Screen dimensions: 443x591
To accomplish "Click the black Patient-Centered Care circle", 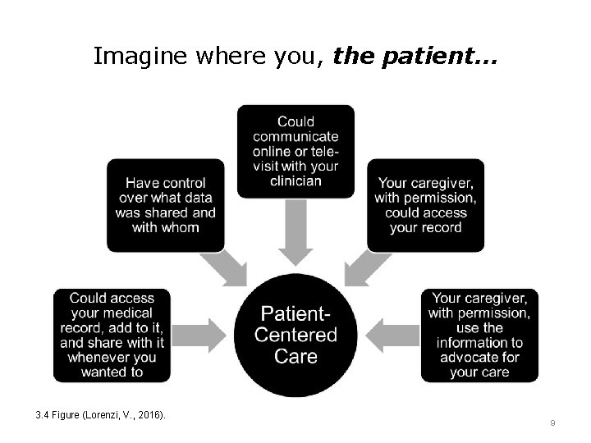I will [x=295, y=335].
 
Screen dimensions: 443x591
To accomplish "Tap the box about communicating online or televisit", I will [x=295, y=151].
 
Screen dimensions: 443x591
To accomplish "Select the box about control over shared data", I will [x=165, y=205].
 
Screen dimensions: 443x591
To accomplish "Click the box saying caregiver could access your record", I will [x=425, y=205].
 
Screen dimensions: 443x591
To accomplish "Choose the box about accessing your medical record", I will [x=112, y=335].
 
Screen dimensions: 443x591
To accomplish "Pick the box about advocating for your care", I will [x=479, y=335].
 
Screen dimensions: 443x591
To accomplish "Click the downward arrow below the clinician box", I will [x=295, y=232].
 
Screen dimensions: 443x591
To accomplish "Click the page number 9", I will [x=552, y=422].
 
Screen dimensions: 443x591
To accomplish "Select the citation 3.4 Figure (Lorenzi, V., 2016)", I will [x=101, y=415].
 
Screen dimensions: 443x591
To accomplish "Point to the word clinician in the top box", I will [x=295, y=180].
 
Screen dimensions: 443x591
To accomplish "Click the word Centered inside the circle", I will [x=295, y=335].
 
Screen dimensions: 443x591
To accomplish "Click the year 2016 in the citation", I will [x=149, y=415].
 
